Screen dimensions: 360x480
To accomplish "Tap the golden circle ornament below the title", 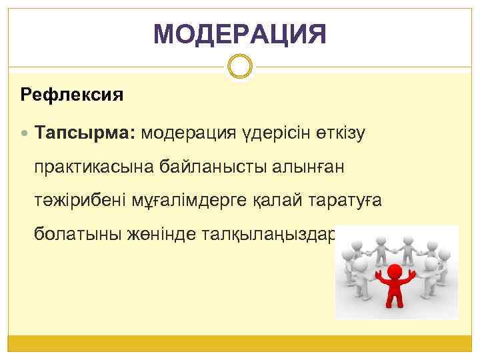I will (240, 67).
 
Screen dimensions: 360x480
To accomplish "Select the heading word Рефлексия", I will (72, 95).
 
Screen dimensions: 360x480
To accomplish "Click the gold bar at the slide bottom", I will (240, 343).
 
